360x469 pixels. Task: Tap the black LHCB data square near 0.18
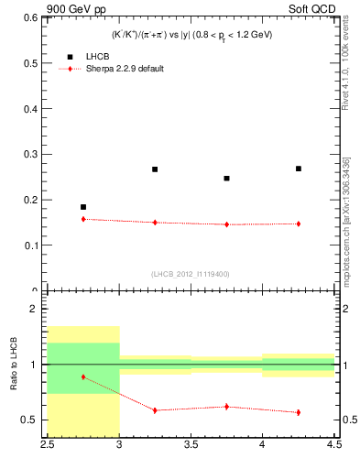pyautogui.click(x=83, y=207)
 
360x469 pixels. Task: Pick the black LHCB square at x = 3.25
pyautogui.click(x=155, y=169)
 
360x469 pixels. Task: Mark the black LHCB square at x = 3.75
pyautogui.click(x=227, y=179)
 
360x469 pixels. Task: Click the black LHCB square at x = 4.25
pyautogui.click(x=299, y=169)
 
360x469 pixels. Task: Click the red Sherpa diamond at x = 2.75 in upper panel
pyautogui.click(x=83, y=219)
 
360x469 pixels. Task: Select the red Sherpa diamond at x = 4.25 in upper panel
pyautogui.click(x=299, y=224)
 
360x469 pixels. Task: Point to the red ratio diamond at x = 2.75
pyautogui.click(x=83, y=376)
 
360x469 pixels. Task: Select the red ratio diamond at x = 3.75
pyautogui.click(x=227, y=406)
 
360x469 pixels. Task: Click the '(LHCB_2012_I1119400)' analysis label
pyautogui.click(x=191, y=274)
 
